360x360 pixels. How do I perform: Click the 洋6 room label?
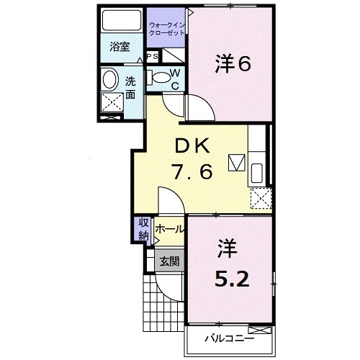[x=232, y=64]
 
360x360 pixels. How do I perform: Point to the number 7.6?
[x=191, y=173]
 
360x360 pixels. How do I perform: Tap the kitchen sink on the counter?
[x=257, y=172]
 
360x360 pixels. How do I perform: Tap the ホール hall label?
[x=170, y=230]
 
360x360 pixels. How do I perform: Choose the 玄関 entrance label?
[x=170, y=261]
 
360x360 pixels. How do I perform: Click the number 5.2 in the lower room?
[x=232, y=279]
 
